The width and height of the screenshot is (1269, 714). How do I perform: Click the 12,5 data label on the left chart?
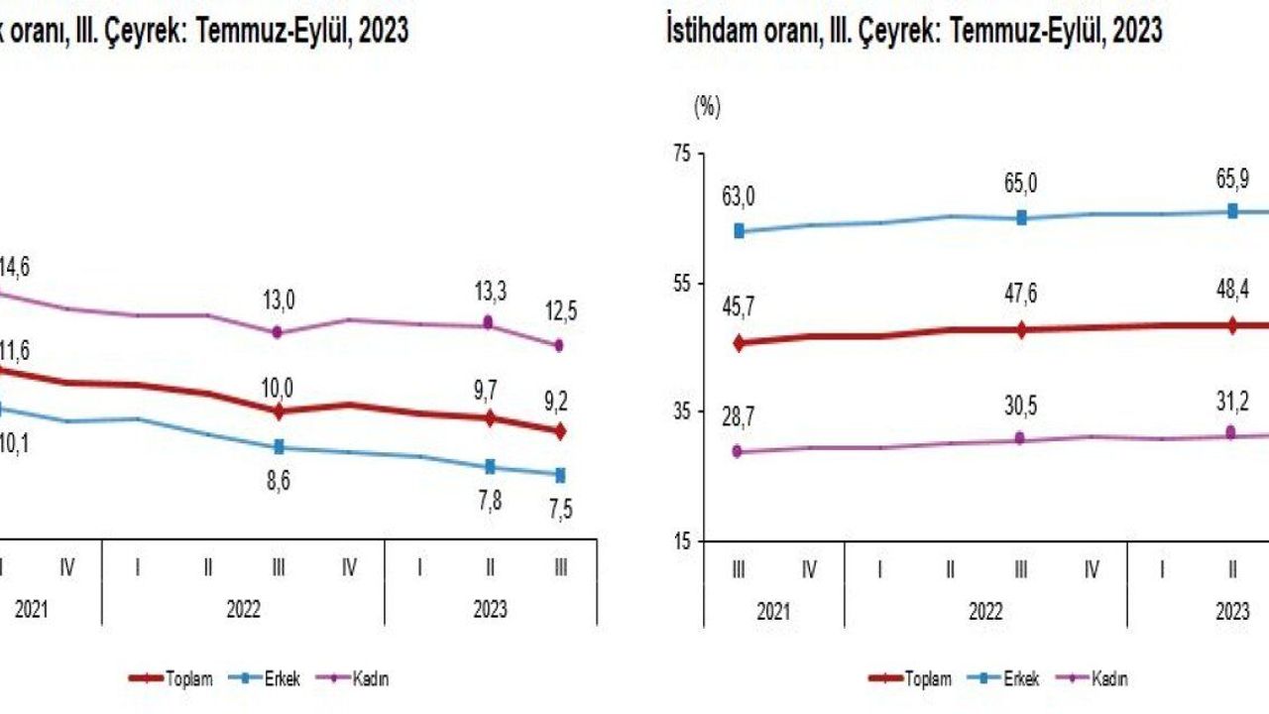pyautogui.click(x=560, y=311)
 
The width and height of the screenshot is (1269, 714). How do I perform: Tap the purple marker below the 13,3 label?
pyautogui.click(x=488, y=322)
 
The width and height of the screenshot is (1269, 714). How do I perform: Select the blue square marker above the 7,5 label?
pyautogui.click(x=560, y=474)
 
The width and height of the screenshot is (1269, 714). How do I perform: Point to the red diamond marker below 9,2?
pyautogui.click(x=560, y=430)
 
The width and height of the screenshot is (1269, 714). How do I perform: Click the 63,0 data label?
pyautogui.click(x=739, y=196)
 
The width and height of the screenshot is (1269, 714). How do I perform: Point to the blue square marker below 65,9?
pyautogui.click(x=1232, y=210)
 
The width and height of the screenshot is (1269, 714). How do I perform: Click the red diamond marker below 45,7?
pyautogui.click(x=739, y=343)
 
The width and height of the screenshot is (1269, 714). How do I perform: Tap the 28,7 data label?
pyautogui.click(x=739, y=419)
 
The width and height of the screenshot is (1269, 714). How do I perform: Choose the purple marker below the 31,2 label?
pyautogui.click(x=1231, y=432)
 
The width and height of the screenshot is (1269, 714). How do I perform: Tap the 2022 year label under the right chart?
pyautogui.click(x=985, y=612)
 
